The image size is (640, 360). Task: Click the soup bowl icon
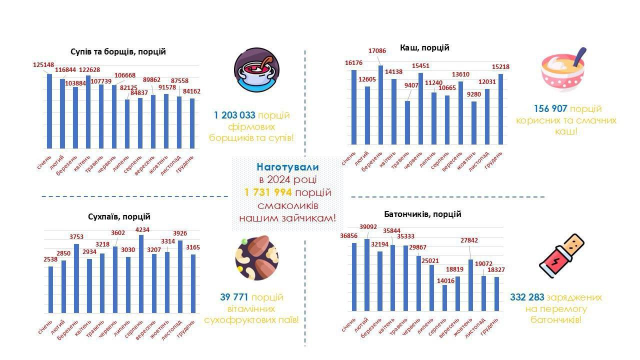256,70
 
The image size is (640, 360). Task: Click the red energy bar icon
561,256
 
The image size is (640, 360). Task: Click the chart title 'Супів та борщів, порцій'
118,52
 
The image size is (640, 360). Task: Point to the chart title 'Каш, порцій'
424,48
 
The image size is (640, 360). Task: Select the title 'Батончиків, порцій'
422,214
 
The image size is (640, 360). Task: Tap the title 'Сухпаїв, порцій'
118,217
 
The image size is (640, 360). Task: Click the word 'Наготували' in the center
287,167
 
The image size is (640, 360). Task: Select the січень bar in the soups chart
49,111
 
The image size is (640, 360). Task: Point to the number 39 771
234,297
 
